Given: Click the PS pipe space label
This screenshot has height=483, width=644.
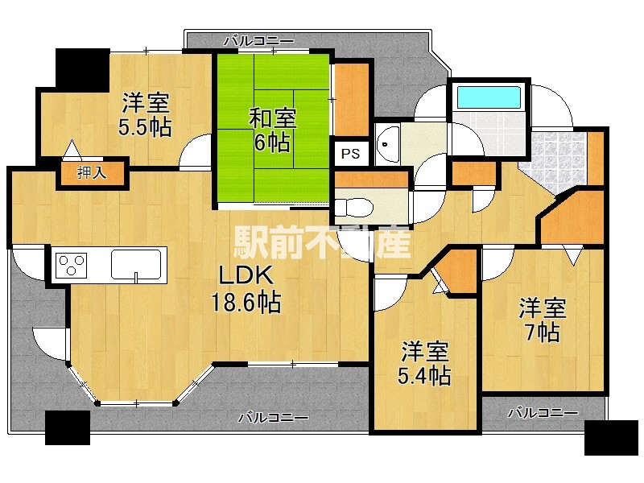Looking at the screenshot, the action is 350,154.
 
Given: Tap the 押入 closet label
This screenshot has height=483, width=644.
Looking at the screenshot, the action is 92,172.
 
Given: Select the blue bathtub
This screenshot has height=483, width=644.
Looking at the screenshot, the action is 489,97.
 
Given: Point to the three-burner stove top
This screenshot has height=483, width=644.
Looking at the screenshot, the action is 72,265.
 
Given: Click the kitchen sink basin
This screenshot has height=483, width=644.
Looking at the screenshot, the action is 135,264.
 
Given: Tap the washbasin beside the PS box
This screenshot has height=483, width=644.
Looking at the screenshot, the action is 388,144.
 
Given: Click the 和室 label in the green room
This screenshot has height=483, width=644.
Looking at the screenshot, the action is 273,118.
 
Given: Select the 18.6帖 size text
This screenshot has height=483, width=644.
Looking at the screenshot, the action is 246,303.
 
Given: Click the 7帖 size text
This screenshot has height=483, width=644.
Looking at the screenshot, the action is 543,332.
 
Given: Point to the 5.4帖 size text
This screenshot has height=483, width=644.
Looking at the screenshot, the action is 424,375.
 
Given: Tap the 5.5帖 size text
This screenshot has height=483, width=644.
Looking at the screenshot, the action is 145,127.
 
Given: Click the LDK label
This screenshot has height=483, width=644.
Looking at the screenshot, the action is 246,275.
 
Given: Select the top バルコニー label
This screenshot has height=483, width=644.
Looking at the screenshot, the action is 259,41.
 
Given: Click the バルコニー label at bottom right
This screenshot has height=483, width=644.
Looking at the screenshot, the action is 543,412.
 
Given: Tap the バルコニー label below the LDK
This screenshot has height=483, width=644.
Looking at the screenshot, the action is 274,418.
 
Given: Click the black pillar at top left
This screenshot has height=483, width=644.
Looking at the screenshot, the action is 83,70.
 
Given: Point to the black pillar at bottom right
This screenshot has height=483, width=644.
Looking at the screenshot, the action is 611,437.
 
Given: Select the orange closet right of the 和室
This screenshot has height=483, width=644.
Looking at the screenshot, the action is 352,99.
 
